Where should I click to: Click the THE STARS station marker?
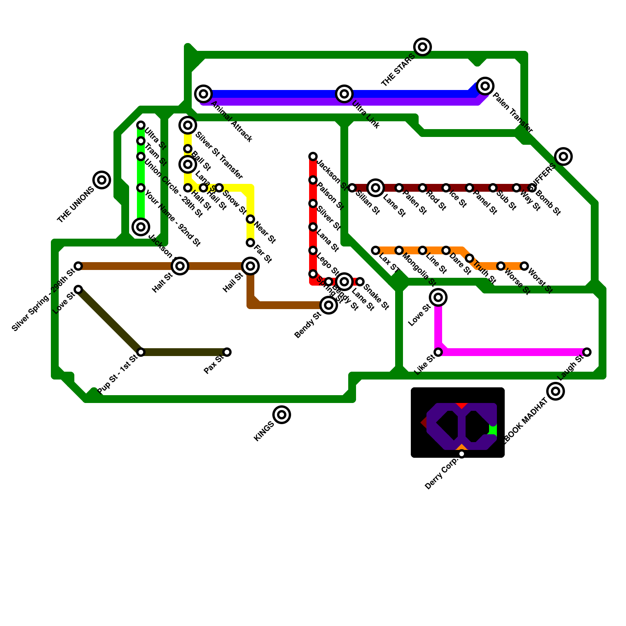(423, 47)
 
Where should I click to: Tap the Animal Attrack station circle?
(203, 94)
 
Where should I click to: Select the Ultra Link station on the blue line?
(344, 94)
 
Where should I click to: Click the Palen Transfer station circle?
(485, 86)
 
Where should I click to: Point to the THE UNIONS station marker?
(102, 180)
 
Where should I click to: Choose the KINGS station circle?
(282, 415)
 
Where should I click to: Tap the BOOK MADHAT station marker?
(556, 391)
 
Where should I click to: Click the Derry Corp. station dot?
(462, 454)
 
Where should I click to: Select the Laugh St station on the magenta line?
(587, 352)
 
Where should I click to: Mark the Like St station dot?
(438, 352)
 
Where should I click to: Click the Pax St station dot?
(227, 352)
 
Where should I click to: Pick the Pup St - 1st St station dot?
(141, 352)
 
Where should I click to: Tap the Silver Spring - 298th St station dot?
(78, 266)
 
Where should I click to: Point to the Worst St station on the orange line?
(524, 266)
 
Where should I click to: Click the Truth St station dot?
(469, 258)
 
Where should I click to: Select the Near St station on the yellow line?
(250, 219)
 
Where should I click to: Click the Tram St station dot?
(141, 141)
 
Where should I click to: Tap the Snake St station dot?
(360, 282)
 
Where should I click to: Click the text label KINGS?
(264, 432)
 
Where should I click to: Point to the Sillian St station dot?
(352, 188)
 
